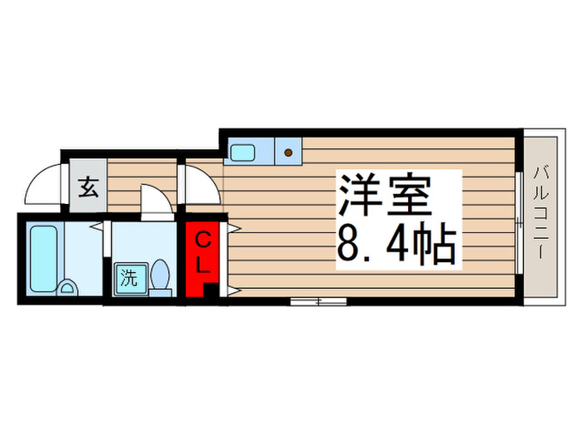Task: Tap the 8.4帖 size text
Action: [x=396, y=244]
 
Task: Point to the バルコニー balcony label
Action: [x=541, y=212]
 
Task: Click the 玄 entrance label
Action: [x=88, y=187]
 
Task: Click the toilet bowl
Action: [x=161, y=277]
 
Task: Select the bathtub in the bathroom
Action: [x=43, y=258]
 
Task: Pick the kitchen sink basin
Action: [x=242, y=152]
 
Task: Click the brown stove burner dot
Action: [x=288, y=152]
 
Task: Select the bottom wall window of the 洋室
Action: [x=318, y=301]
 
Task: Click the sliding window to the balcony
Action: [x=520, y=223]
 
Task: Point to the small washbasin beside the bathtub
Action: [x=67, y=288]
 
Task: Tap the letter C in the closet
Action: [x=203, y=241]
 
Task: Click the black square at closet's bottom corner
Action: [x=211, y=291]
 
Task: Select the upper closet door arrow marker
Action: [x=234, y=228]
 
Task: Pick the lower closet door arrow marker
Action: [x=234, y=291]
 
